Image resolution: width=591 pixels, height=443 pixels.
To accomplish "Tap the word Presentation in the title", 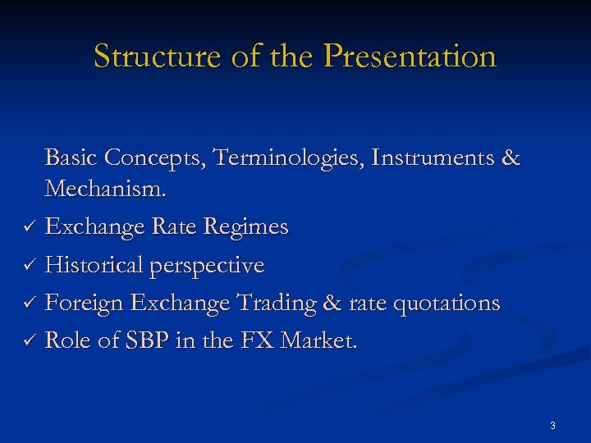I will point(410,57).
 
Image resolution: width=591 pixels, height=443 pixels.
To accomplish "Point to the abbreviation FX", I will point(259,340).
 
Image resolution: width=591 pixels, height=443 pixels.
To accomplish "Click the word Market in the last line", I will point(318,340).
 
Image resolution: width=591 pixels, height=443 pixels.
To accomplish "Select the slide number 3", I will point(552,425).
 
